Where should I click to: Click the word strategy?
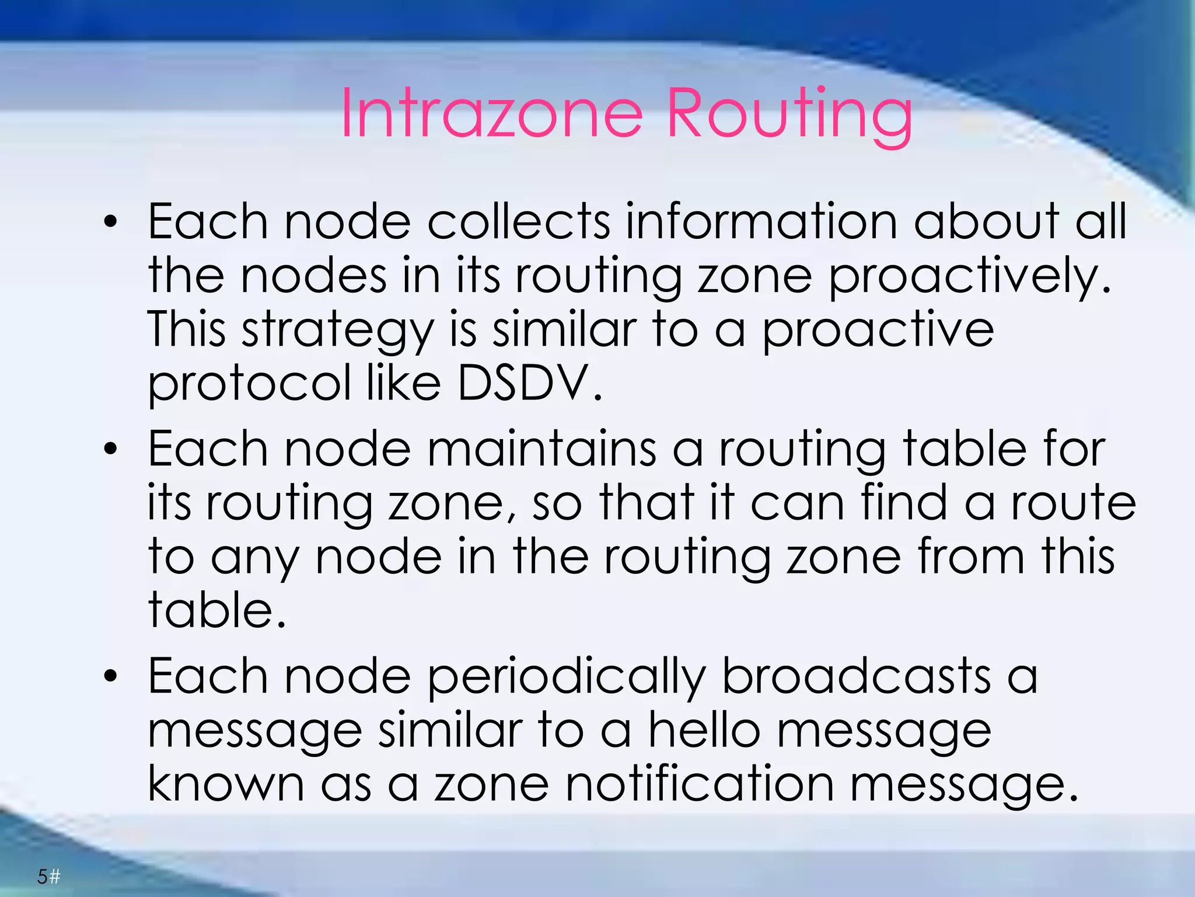coord(338,331)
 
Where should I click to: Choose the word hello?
coord(705,730)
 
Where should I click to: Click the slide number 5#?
coord(49,876)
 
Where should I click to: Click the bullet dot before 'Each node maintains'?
coord(110,450)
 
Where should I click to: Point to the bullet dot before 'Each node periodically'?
coord(110,677)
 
